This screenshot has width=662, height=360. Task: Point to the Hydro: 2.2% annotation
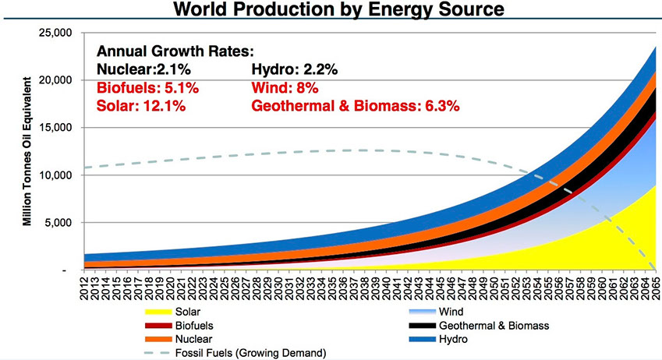(295, 69)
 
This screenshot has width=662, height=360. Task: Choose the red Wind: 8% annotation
(285, 87)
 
